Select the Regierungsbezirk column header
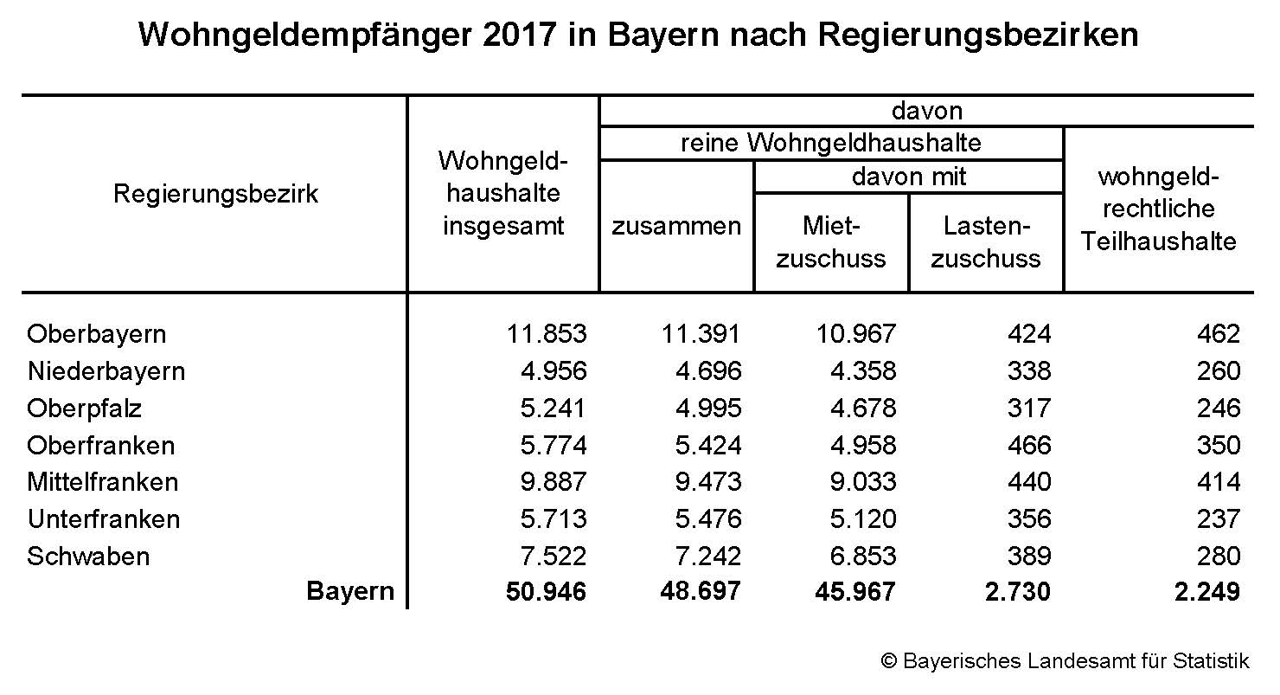[x=215, y=194]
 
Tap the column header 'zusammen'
[x=676, y=227]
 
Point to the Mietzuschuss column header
[x=831, y=242]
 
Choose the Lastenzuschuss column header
[x=986, y=242]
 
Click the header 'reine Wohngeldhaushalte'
[x=831, y=143]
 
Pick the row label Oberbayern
[x=97, y=334]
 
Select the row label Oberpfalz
[x=85, y=409]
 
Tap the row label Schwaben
[x=88, y=556]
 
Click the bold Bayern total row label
[x=350, y=592]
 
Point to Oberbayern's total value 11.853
[x=545, y=334]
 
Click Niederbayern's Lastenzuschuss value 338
[x=1028, y=371]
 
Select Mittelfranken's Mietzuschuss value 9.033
[x=854, y=482]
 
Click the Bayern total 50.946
[x=545, y=592]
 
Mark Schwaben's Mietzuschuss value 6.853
[x=854, y=556]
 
